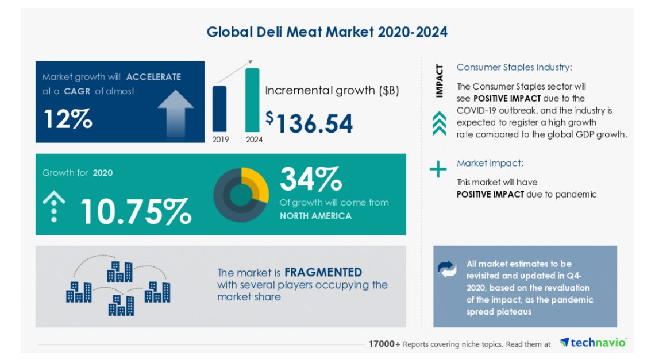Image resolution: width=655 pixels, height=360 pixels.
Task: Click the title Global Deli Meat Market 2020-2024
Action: click(x=327, y=32)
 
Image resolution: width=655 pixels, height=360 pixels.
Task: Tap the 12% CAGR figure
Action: click(x=68, y=119)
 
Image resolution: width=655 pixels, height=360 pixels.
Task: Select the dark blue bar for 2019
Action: click(x=219, y=109)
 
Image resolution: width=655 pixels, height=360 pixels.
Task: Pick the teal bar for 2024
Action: click(x=252, y=100)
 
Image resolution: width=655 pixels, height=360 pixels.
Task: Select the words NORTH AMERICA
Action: click(x=315, y=216)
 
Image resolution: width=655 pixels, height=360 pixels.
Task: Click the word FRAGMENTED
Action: click(x=323, y=272)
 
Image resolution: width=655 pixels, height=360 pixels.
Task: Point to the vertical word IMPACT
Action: click(x=440, y=81)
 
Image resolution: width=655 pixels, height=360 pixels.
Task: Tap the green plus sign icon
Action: click(x=438, y=169)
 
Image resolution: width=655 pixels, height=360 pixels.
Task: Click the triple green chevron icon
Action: click(x=440, y=123)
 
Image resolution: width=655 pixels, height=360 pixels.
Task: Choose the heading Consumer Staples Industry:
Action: click(x=514, y=67)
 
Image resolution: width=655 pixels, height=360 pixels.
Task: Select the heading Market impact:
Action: click(x=490, y=163)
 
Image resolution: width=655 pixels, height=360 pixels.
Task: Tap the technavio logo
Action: click(x=592, y=343)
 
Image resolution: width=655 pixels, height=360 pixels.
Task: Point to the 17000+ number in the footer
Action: click(x=384, y=344)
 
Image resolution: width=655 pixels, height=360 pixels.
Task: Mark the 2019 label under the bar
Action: click(x=219, y=139)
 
